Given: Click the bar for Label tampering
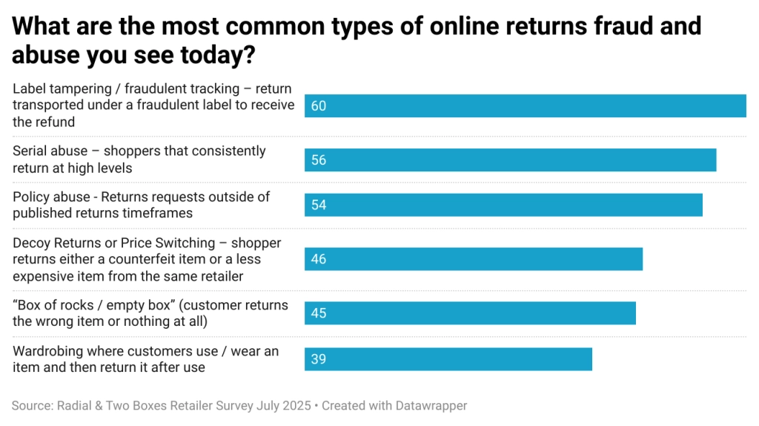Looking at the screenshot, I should [x=525, y=106].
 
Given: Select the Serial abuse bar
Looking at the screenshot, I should [x=510, y=160].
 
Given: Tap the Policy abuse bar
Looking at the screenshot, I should [x=503, y=205].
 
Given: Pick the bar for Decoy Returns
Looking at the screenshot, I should [x=473, y=259].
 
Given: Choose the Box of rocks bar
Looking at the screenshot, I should [x=470, y=313].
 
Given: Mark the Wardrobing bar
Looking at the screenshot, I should [x=448, y=359].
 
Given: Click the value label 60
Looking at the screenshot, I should [x=319, y=106].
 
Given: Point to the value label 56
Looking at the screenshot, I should [x=319, y=160].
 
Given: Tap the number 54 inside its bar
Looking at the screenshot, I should [x=319, y=205].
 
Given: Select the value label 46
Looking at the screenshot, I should [x=319, y=259].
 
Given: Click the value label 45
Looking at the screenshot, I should [x=319, y=313].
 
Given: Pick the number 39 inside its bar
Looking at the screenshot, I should [x=319, y=359].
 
